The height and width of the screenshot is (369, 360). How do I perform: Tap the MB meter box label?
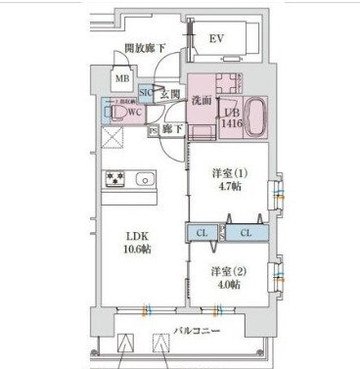[124, 80]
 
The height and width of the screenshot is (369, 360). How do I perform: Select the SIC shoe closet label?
[145, 94]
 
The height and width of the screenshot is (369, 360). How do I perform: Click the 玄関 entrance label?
[169, 94]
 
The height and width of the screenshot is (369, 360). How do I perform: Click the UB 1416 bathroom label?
[231, 117]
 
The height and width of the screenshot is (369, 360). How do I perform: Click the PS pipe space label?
[153, 129]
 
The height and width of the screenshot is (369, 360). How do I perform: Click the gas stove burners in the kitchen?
[115, 179]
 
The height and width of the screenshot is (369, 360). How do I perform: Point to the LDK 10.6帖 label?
[135, 242]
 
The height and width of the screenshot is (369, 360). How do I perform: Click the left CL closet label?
[201, 233]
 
